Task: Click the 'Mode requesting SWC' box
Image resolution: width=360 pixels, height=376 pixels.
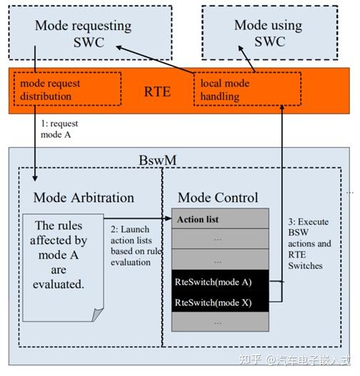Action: tap(84, 34)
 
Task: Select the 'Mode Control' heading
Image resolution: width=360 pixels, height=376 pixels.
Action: tap(218, 197)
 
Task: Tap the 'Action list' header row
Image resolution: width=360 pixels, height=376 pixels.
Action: tap(219, 218)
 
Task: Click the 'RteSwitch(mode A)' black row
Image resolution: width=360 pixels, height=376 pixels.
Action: tap(219, 281)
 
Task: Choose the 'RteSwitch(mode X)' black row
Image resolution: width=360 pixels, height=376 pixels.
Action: tap(219, 303)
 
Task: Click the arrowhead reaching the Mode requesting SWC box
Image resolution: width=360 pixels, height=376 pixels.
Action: tap(119, 47)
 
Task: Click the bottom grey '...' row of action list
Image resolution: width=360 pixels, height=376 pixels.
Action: tap(219, 323)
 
